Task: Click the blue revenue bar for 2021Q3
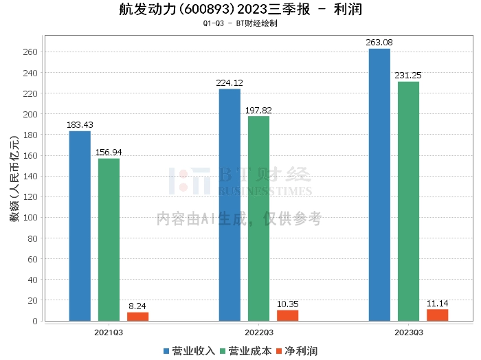point(80,226)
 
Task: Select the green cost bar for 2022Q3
point(258,218)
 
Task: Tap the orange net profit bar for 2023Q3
point(438,315)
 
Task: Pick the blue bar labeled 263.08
point(379,185)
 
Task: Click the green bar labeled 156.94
point(109,240)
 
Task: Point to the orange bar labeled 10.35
point(288,315)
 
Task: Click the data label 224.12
point(230,83)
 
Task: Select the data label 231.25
point(408,76)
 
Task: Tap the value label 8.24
point(137,306)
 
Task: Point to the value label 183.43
point(80,125)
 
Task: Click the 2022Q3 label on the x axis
point(258,333)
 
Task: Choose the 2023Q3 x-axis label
point(409,333)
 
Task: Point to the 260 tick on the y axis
point(30,52)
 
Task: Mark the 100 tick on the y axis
point(30,217)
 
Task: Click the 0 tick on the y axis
point(35,321)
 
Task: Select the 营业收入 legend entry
point(189,351)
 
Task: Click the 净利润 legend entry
point(297,351)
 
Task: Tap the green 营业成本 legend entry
point(246,351)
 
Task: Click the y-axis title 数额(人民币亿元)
point(14,179)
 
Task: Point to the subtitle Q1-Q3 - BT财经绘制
point(240,23)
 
